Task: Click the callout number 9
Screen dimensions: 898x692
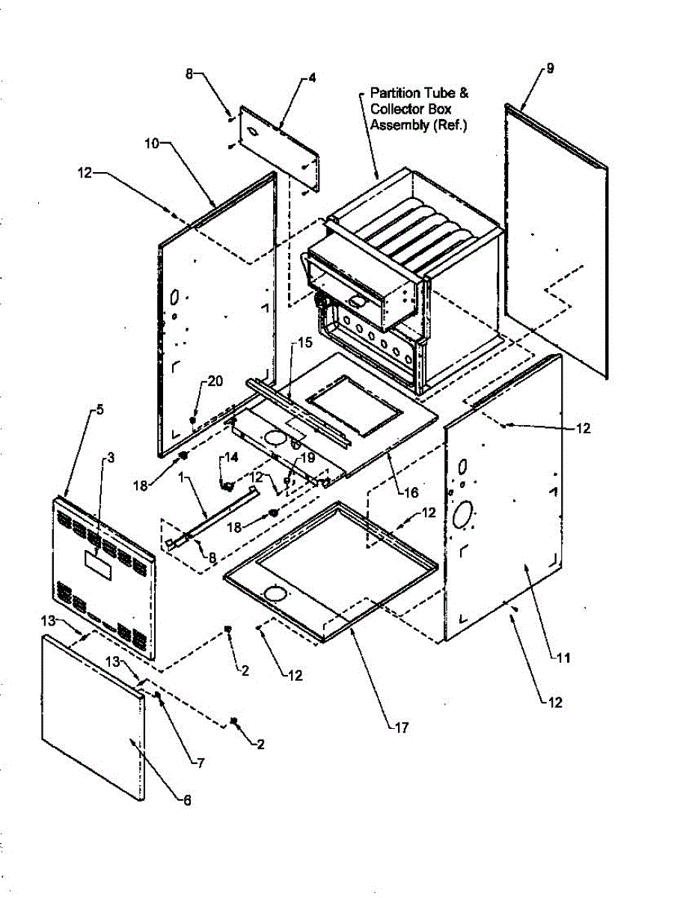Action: coord(550,68)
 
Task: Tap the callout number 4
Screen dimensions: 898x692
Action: coord(312,78)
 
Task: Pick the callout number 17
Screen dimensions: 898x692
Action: coord(402,727)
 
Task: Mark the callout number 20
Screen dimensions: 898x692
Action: coord(215,382)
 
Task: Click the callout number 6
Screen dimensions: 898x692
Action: coord(187,800)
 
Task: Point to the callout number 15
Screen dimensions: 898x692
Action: coord(303,343)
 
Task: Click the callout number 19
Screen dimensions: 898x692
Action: coord(307,456)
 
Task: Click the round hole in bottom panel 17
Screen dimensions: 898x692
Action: coord(276,595)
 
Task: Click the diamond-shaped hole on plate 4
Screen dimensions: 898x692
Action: coord(255,132)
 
